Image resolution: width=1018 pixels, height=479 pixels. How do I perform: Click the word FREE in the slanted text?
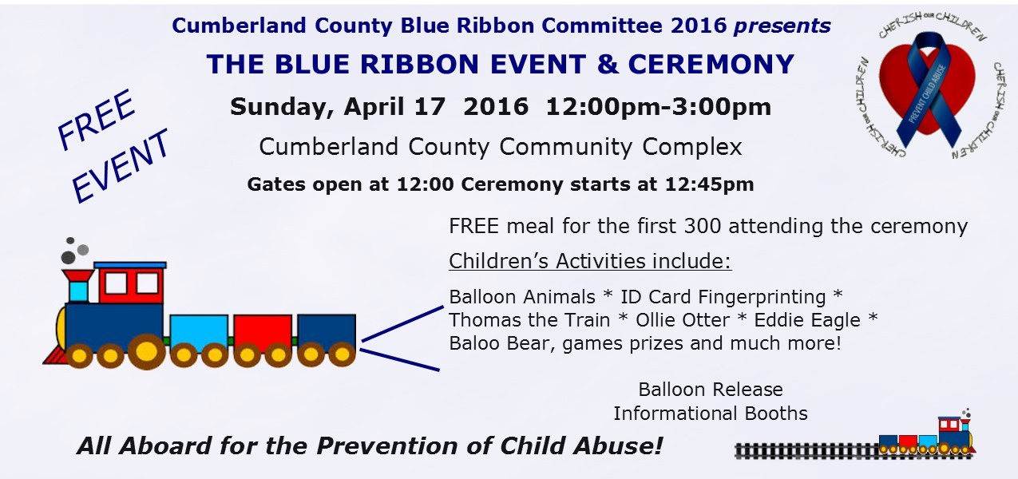tap(97, 119)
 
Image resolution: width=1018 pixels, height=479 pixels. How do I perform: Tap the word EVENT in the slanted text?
tap(121, 166)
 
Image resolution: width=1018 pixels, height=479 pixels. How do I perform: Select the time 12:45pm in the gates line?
tap(710, 184)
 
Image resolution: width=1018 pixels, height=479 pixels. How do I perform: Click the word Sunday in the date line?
tap(282, 107)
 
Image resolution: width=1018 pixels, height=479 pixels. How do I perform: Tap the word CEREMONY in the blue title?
tap(711, 64)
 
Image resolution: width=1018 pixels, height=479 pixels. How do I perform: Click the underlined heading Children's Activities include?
tap(590, 261)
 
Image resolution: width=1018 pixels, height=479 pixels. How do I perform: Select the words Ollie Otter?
tap(683, 320)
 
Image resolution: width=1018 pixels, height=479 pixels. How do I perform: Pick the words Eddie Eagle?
tap(807, 320)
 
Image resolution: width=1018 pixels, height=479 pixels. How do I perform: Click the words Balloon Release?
tap(711, 390)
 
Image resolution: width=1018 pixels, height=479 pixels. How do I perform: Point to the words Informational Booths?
tap(711, 414)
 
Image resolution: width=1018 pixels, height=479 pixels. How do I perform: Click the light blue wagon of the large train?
tap(199, 333)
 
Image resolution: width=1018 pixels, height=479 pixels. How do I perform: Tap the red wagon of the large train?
tap(263, 333)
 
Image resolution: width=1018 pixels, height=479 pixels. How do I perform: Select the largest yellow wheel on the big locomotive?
tap(146, 350)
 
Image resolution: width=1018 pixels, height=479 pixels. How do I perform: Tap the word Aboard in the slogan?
tap(165, 445)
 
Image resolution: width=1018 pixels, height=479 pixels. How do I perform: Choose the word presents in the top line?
tap(782, 26)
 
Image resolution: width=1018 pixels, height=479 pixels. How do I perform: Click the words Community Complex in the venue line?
tap(620, 147)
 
